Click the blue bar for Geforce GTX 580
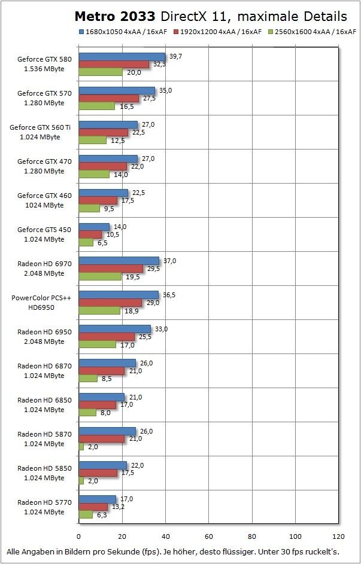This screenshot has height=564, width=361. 122,56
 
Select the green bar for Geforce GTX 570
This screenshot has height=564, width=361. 97,106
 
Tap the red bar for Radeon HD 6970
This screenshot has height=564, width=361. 111,269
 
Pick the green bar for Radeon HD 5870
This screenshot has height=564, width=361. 81,447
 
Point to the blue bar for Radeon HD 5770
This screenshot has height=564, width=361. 98,499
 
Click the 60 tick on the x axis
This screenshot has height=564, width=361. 209,536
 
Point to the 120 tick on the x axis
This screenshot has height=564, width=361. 339,536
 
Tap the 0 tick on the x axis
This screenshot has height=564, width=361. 78,536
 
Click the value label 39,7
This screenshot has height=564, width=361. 176,56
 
